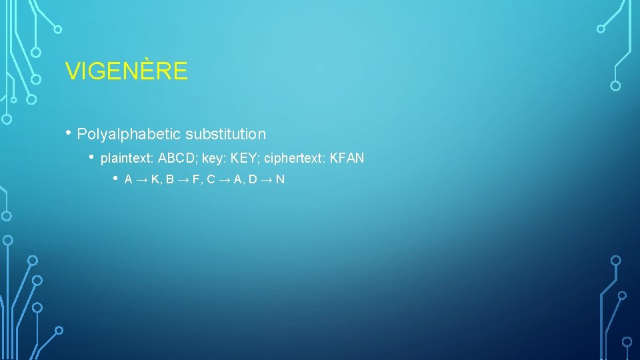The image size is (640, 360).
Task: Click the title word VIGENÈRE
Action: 127,71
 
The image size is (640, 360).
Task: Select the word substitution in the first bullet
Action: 225,134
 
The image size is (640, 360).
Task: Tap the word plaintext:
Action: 127,158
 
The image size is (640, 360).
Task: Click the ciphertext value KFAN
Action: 347,158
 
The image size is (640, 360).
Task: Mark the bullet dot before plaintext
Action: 93,157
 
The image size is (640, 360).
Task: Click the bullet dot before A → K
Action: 116,178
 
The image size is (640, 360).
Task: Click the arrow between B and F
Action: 182,180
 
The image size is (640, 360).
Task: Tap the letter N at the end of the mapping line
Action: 280,180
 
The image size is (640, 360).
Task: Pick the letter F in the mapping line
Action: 196,180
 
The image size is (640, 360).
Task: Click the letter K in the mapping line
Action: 155,180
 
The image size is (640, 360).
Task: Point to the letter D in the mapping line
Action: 253,180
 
